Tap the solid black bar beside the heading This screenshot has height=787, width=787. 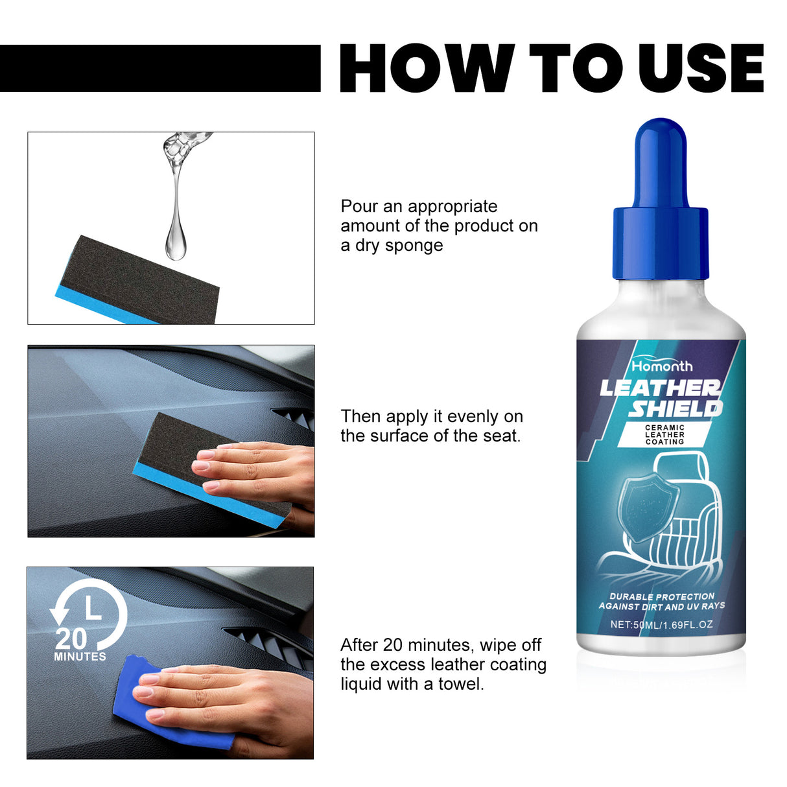160,68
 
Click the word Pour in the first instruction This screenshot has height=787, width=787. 359,206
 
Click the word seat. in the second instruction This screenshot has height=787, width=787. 502,436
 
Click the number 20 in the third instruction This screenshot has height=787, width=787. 393,645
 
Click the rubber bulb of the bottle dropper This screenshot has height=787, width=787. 660,162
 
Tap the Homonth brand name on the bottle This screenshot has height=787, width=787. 662,366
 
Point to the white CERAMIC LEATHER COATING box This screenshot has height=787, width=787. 664,435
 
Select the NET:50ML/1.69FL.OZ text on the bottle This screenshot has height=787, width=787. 661,625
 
